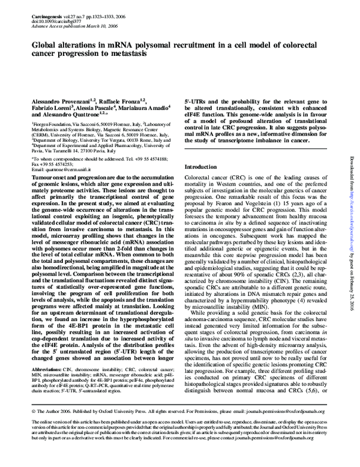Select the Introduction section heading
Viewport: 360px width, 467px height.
202,167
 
